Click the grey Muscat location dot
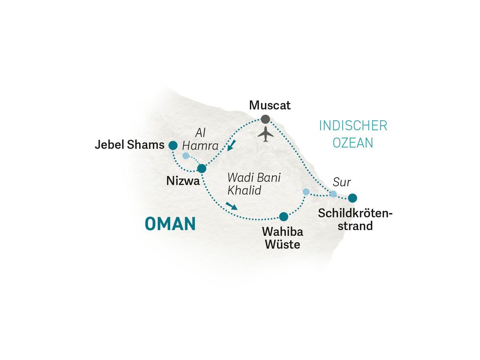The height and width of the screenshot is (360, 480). pos(265,119)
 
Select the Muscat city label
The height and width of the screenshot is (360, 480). pos(270,105)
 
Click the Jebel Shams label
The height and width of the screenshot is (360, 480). pos(129,144)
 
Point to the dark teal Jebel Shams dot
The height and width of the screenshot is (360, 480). pos(173,145)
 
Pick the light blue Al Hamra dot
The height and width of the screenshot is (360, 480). pos(186,156)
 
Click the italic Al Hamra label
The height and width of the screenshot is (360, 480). pos(200,139)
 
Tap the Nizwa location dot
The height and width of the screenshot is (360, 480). pos(202,168)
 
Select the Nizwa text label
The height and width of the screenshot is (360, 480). pos(183,181)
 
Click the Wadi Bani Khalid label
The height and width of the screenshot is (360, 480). pos(254,184)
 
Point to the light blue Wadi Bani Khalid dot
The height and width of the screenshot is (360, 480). pos(306,192)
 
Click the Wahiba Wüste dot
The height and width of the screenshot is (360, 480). pos(284,217)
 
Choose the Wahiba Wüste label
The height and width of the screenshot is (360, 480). pos(283,238)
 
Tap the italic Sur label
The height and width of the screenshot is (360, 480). pos(342,182)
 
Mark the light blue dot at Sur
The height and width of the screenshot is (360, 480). pos(333,194)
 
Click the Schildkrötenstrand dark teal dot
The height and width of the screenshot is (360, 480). pos(352,198)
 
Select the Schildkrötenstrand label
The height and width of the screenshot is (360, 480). pos(355,219)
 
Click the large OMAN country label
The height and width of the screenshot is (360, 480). pos(170,224)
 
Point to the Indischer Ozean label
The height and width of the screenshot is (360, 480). pos(353,134)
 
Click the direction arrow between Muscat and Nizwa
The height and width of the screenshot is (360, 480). pos(232,145)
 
